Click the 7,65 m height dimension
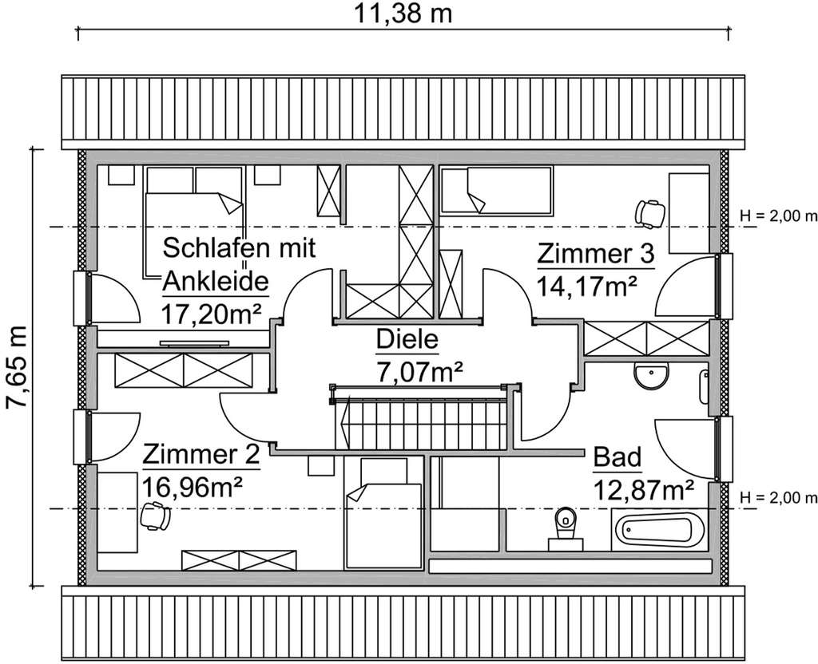pyautogui.click(x=18, y=367)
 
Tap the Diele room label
pyautogui.click(x=408, y=342)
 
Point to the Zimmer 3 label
pyautogui.click(x=595, y=255)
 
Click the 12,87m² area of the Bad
pyautogui.click(x=642, y=488)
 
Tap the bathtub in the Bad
pyautogui.click(x=661, y=528)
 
